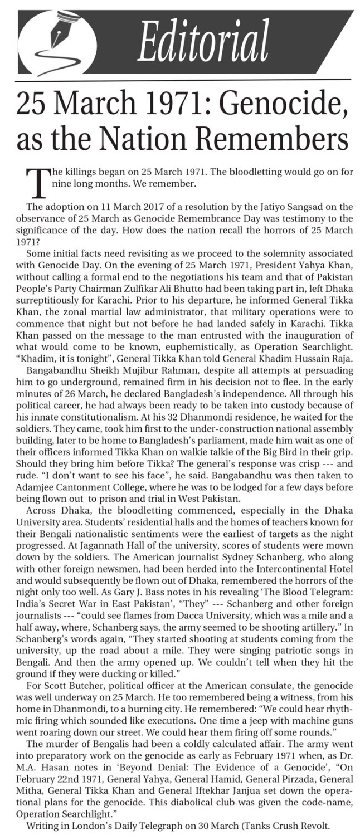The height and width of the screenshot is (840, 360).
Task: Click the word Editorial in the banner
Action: pos(203,42)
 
